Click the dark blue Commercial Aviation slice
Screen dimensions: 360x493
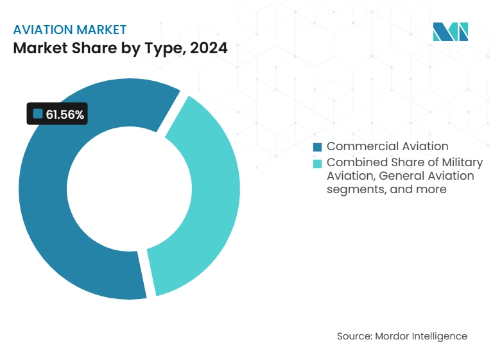[45, 212]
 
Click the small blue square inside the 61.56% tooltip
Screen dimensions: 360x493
[38, 114]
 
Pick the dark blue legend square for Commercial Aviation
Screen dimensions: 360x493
[317, 147]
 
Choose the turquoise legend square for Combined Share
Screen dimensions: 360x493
[317, 163]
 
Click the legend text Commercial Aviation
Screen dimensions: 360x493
[387, 146]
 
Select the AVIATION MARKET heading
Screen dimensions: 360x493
[70, 30]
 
